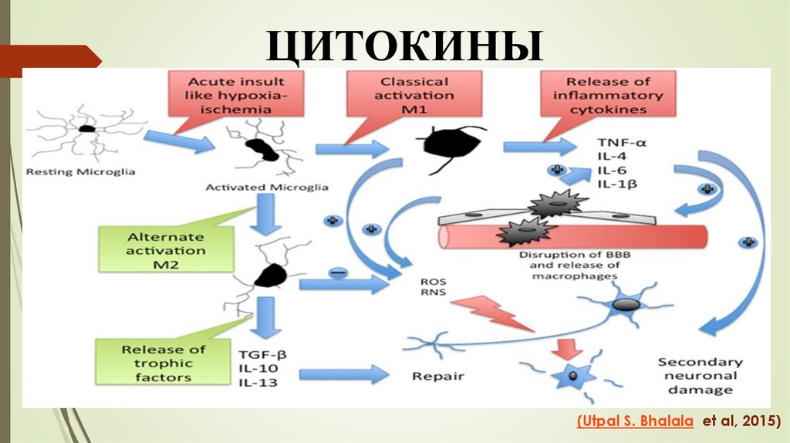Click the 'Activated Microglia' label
(267, 188)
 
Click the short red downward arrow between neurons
(571, 350)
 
